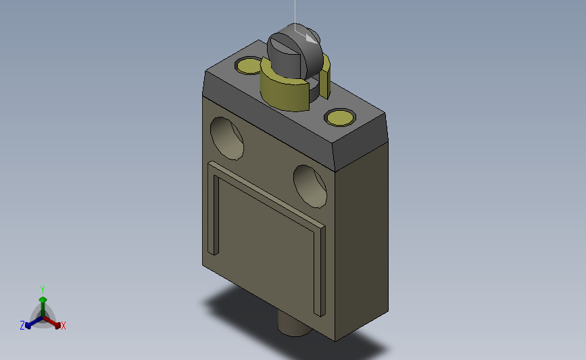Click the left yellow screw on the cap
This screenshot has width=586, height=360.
pyautogui.click(x=247, y=66)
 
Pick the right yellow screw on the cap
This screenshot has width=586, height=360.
pyautogui.click(x=339, y=118)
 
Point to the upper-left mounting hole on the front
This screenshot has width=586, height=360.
pyautogui.click(x=227, y=137)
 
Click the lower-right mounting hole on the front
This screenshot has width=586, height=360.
pyautogui.click(x=311, y=184)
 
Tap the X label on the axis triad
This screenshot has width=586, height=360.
pyautogui.click(x=64, y=326)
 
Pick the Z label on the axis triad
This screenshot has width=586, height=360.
pyautogui.click(x=22, y=326)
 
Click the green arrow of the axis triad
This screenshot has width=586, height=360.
pyautogui.click(x=43, y=301)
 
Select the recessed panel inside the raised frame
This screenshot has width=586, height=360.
pyautogui.click(x=264, y=250)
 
